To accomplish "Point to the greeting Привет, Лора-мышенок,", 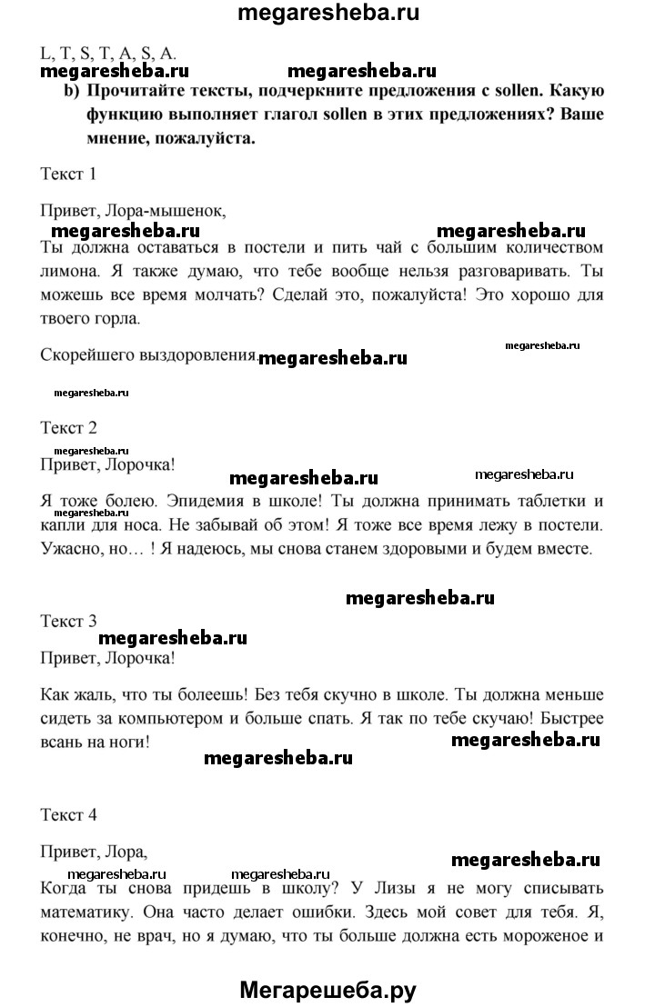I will click(x=133, y=210).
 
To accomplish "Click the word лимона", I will click(x=71, y=272).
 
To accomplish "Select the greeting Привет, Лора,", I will click(x=95, y=852).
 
